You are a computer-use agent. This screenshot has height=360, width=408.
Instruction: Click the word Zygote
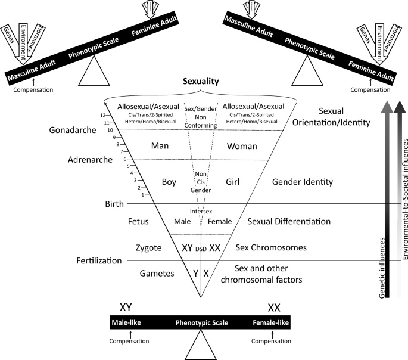point(145,247)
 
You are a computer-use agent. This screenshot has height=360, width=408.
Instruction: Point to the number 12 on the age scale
point(103,115)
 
